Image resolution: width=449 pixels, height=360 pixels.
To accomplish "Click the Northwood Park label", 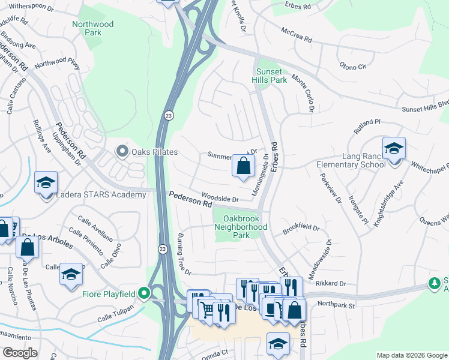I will tap(92, 28).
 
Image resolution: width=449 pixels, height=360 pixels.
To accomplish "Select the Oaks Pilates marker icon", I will tap(123, 150).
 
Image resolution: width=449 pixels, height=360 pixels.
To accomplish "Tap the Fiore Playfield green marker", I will tap(143, 293).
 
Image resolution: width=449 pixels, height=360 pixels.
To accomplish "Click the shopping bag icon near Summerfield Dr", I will tap(243, 166).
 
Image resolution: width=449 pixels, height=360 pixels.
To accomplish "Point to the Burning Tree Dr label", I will tap(184, 254).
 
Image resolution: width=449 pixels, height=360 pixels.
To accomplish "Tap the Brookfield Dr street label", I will tap(301, 229).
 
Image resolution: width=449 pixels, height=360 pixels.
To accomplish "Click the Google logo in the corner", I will tap(21, 353).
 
